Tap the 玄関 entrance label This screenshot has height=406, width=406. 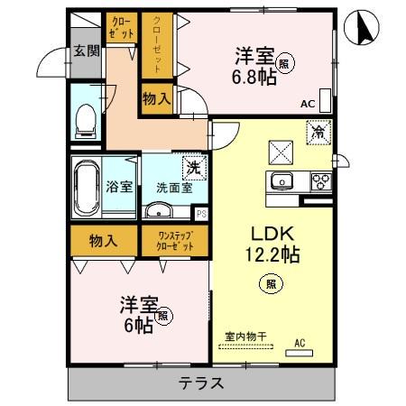(x=87, y=51)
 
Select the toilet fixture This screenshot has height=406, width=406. (x=87, y=116)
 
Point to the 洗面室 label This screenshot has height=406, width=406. (x=173, y=188)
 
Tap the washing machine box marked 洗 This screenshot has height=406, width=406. (x=191, y=166)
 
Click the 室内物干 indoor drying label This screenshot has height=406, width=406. (x=245, y=337)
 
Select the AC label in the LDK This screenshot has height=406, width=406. (x=300, y=343)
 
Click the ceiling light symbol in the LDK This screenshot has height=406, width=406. (x=272, y=281)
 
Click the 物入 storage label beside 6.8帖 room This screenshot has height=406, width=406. (x=157, y=97)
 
